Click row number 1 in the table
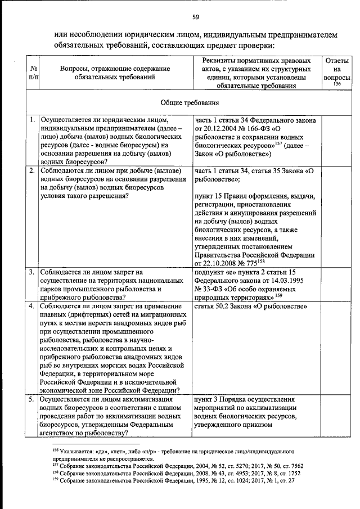pyautogui.click(x=33, y=120)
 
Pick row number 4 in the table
pyautogui.click(x=33, y=306)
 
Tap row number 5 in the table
pyautogui.click(x=33, y=399)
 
